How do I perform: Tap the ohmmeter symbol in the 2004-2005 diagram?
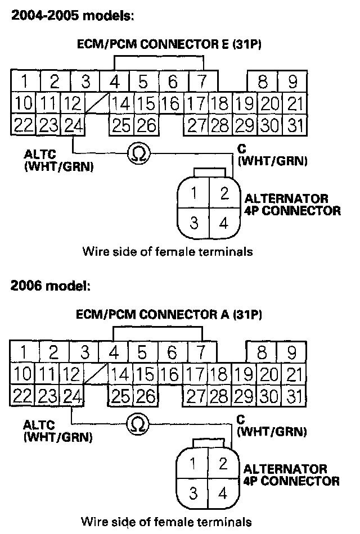(x=137, y=153)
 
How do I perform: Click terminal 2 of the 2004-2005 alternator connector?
(x=224, y=194)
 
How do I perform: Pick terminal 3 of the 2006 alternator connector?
(x=193, y=494)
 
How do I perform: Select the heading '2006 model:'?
(x=50, y=286)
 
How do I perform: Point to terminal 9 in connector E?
(x=292, y=82)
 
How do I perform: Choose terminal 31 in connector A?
(x=292, y=395)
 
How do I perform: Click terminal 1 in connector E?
(x=24, y=82)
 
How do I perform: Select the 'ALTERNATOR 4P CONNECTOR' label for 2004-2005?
(x=292, y=205)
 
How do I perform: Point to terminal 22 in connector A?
(x=23, y=395)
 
